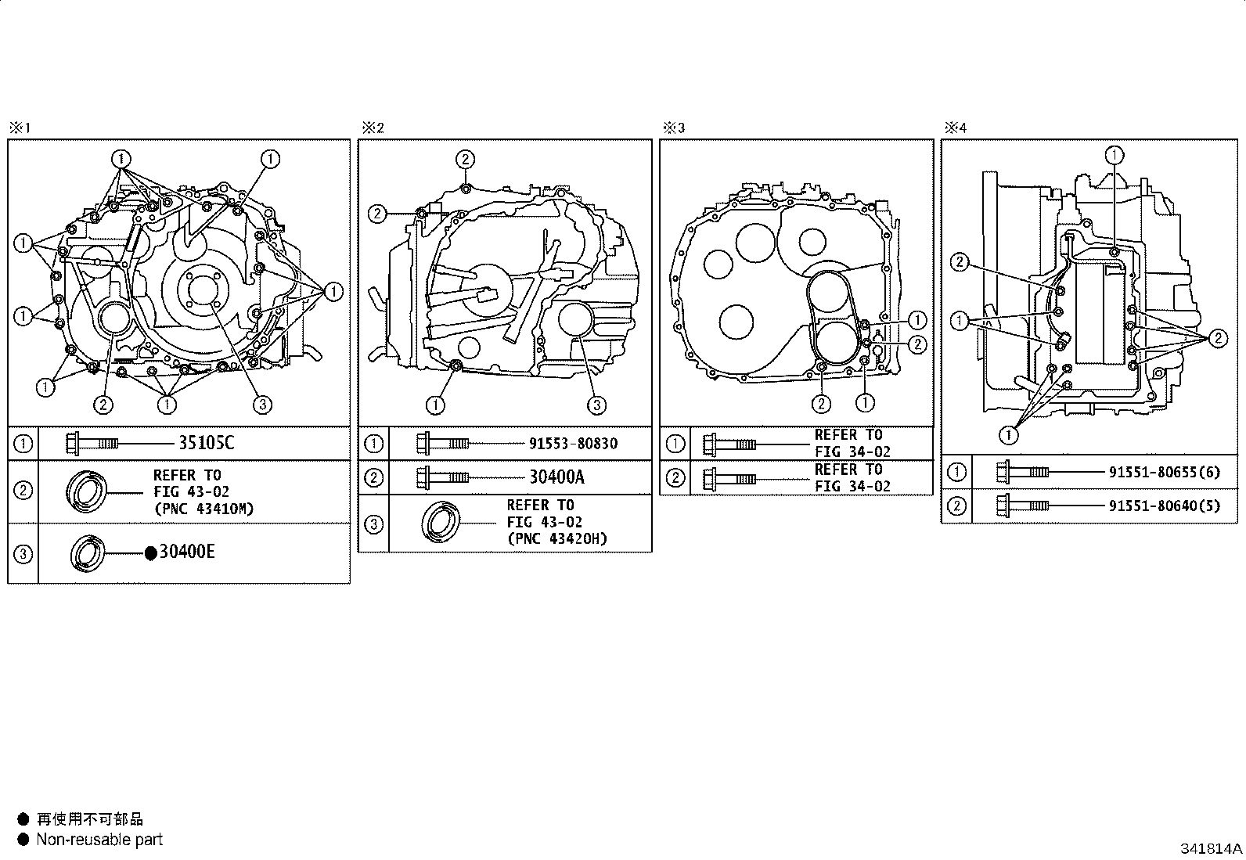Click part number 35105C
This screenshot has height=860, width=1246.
point(207,443)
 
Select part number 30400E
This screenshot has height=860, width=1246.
point(187,552)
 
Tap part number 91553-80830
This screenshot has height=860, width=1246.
point(573,444)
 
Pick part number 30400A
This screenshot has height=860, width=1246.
point(556,477)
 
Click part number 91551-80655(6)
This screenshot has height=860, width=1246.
point(1165,473)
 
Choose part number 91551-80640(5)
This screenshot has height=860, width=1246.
point(1165,506)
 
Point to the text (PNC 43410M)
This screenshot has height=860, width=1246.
point(203,509)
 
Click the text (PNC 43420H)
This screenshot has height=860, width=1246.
point(556,539)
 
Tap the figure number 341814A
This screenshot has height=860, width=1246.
point(1211,848)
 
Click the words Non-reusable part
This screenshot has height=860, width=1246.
point(99,840)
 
